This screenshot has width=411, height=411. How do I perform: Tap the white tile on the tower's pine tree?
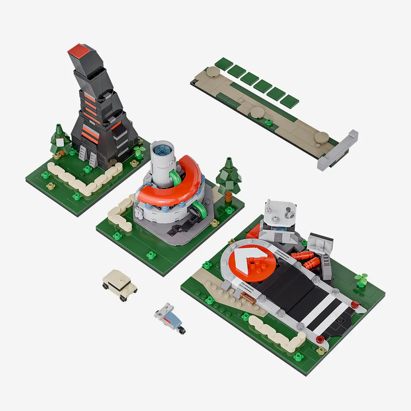[60, 142]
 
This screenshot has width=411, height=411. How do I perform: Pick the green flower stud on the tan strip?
[268, 121]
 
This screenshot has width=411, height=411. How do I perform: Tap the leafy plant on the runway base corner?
[362, 278]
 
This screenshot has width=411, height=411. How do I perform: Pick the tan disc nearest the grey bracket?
[322, 137]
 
